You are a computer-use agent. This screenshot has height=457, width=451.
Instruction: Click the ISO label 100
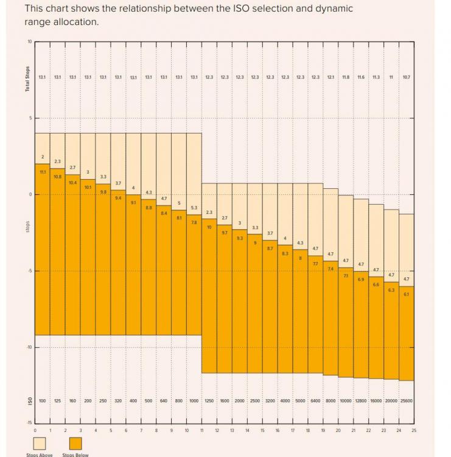[42, 401]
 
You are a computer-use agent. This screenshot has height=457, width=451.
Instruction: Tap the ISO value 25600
[407, 401]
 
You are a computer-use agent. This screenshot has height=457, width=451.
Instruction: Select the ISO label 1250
[209, 401]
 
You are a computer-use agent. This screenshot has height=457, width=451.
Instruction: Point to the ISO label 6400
[315, 401]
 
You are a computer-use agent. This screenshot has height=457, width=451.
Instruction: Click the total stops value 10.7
[407, 77]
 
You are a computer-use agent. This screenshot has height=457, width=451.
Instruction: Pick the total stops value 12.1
[330, 77]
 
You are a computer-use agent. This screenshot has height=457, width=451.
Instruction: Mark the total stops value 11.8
[346, 77]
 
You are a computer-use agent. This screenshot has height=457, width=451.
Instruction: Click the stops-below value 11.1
[42, 172]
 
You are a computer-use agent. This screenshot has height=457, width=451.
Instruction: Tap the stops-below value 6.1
[407, 294]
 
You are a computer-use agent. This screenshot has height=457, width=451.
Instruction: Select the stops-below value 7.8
[194, 222]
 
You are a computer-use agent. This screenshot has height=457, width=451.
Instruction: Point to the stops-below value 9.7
[225, 233]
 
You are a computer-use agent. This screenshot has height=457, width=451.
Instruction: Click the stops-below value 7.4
[330, 269]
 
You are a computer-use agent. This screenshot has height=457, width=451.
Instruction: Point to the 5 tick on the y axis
[29, 118]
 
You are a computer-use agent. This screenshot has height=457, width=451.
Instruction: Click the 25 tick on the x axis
[414, 430]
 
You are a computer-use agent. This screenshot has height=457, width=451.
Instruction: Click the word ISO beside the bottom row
[27, 402]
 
